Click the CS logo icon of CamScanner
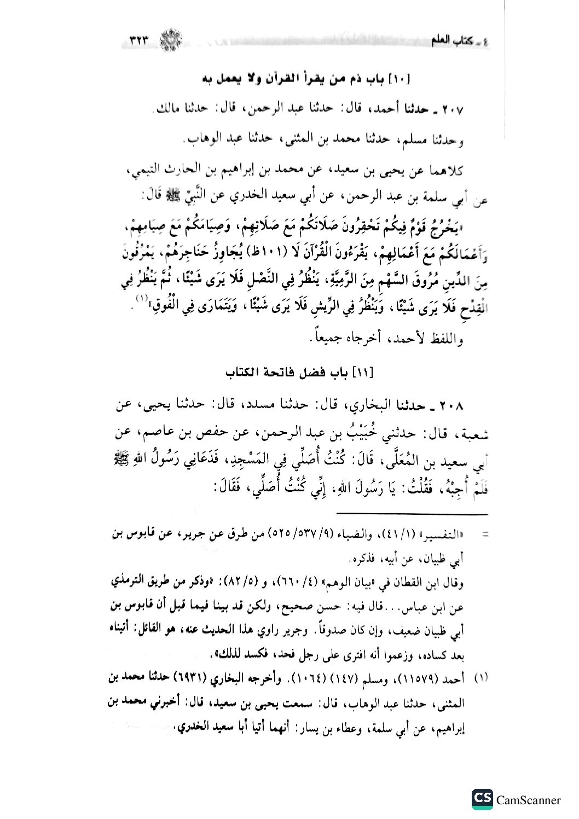click(482, 799)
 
